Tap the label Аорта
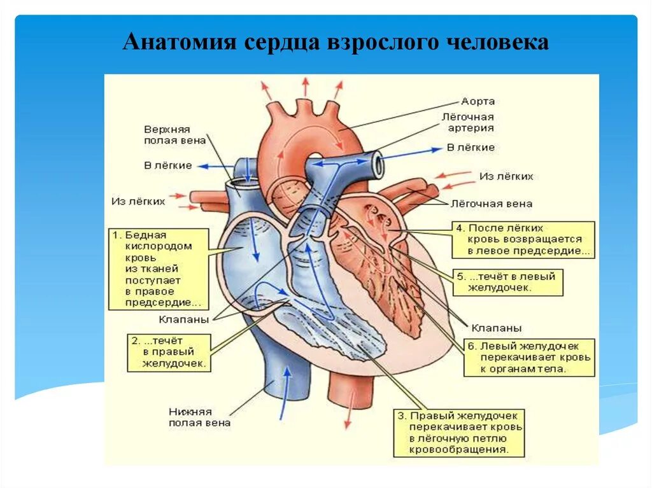point(478,101)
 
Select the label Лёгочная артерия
point(468,123)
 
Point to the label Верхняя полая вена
point(167,135)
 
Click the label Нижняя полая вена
point(199,417)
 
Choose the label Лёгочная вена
point(492,204)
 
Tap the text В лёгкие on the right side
point(471,148)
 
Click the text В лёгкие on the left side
point(167,165)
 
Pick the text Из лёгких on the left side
point(138,200)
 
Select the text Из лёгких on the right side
point(506,176)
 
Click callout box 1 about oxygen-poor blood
point(159,268)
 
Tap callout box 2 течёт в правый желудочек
point(169,352)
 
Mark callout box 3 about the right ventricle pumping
point(459,433)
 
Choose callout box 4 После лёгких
point(523,239)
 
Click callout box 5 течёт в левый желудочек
point(508,282)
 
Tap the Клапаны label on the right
point(497,328)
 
